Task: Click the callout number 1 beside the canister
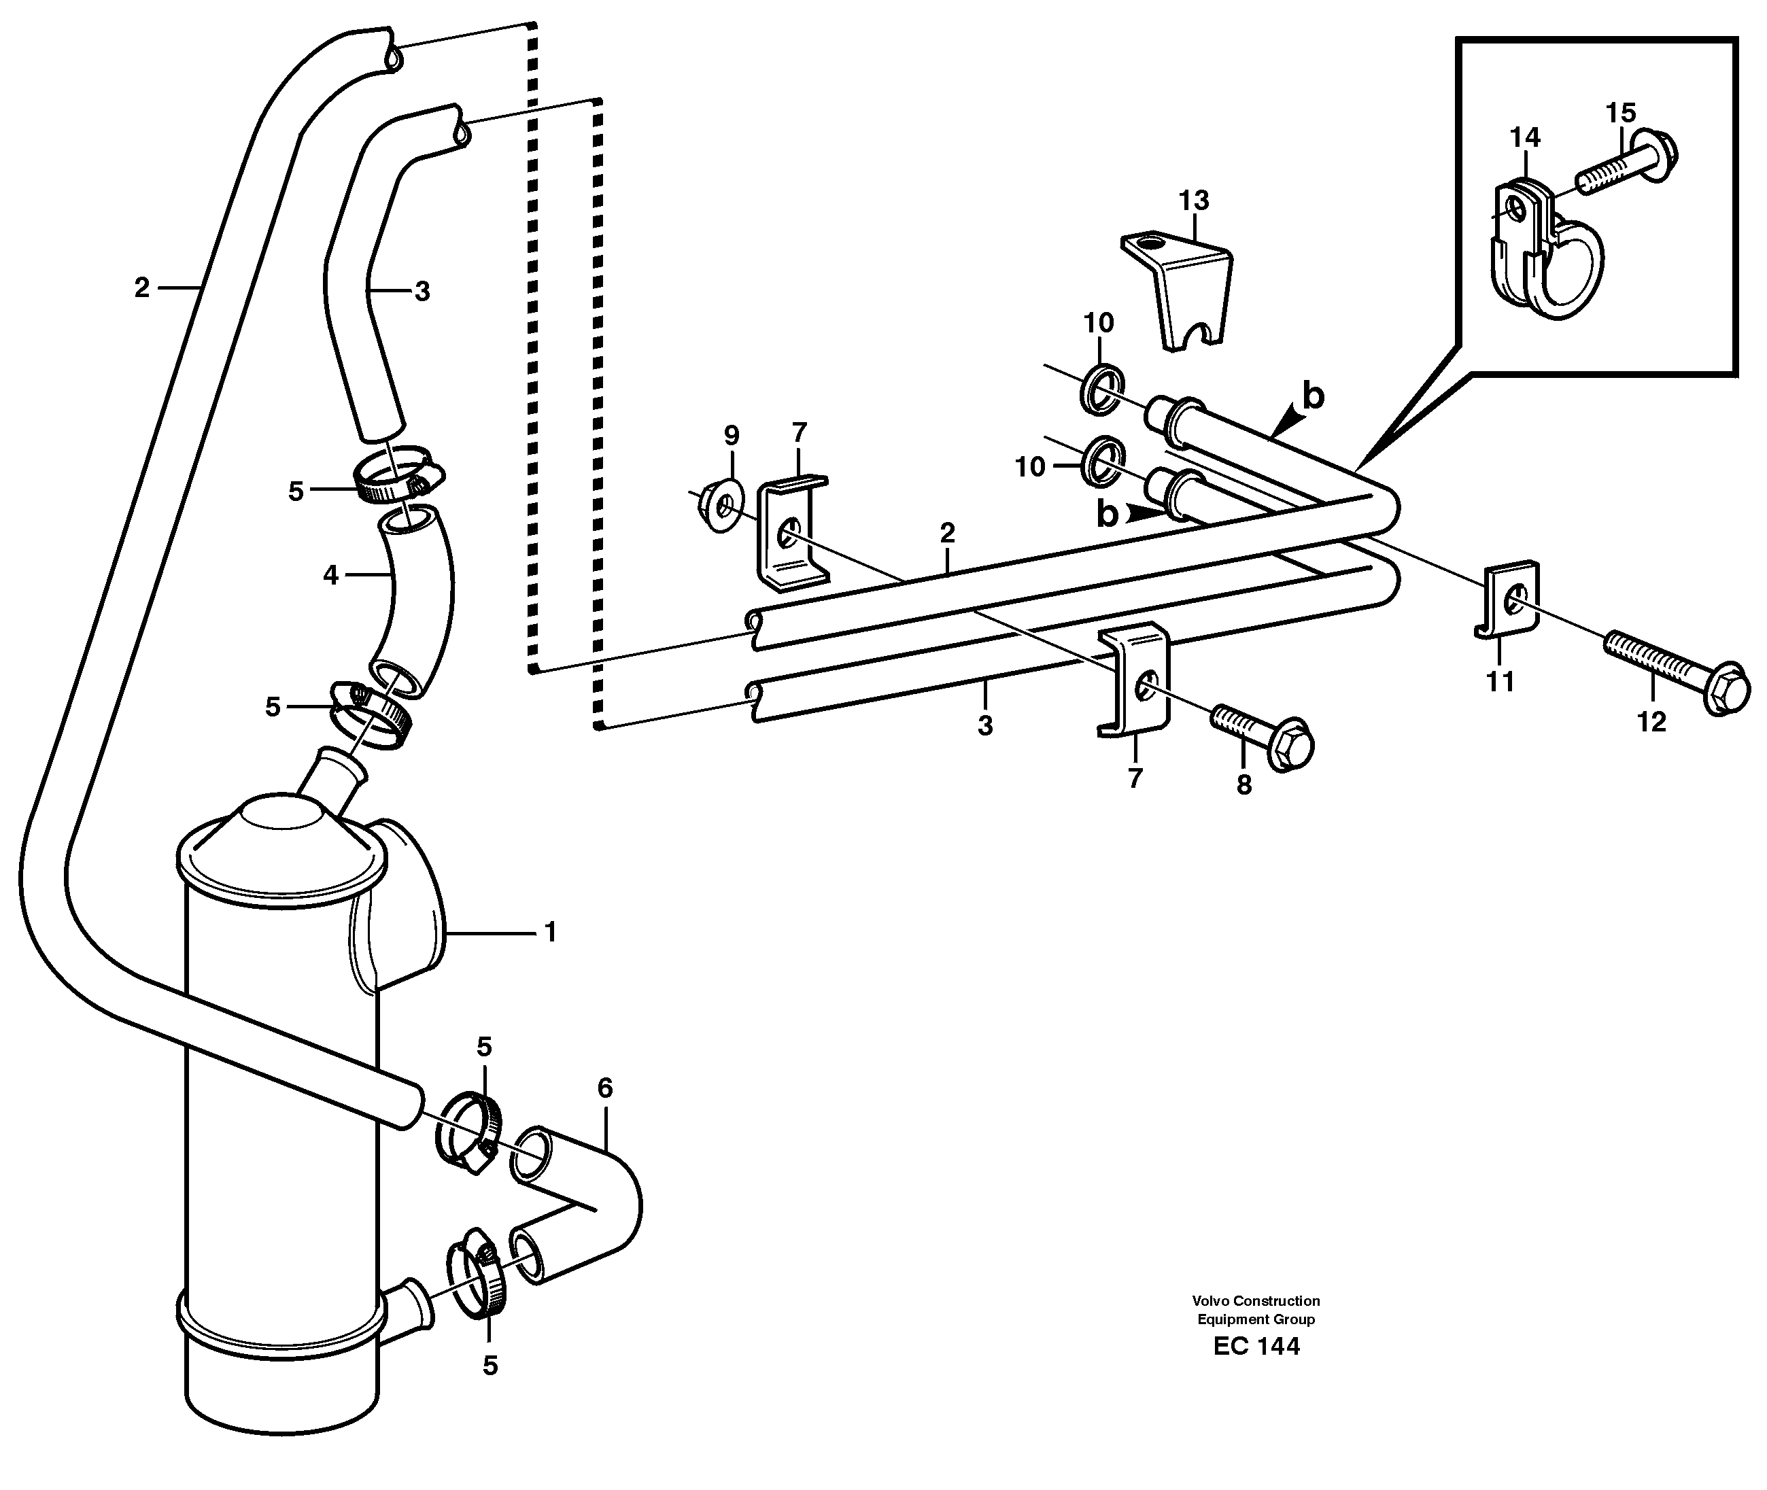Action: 550,933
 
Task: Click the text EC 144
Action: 1256,1370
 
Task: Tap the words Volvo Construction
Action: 1256,1302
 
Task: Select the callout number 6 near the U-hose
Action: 605,1089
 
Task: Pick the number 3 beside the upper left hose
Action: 422,292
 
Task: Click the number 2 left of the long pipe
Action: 141,289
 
